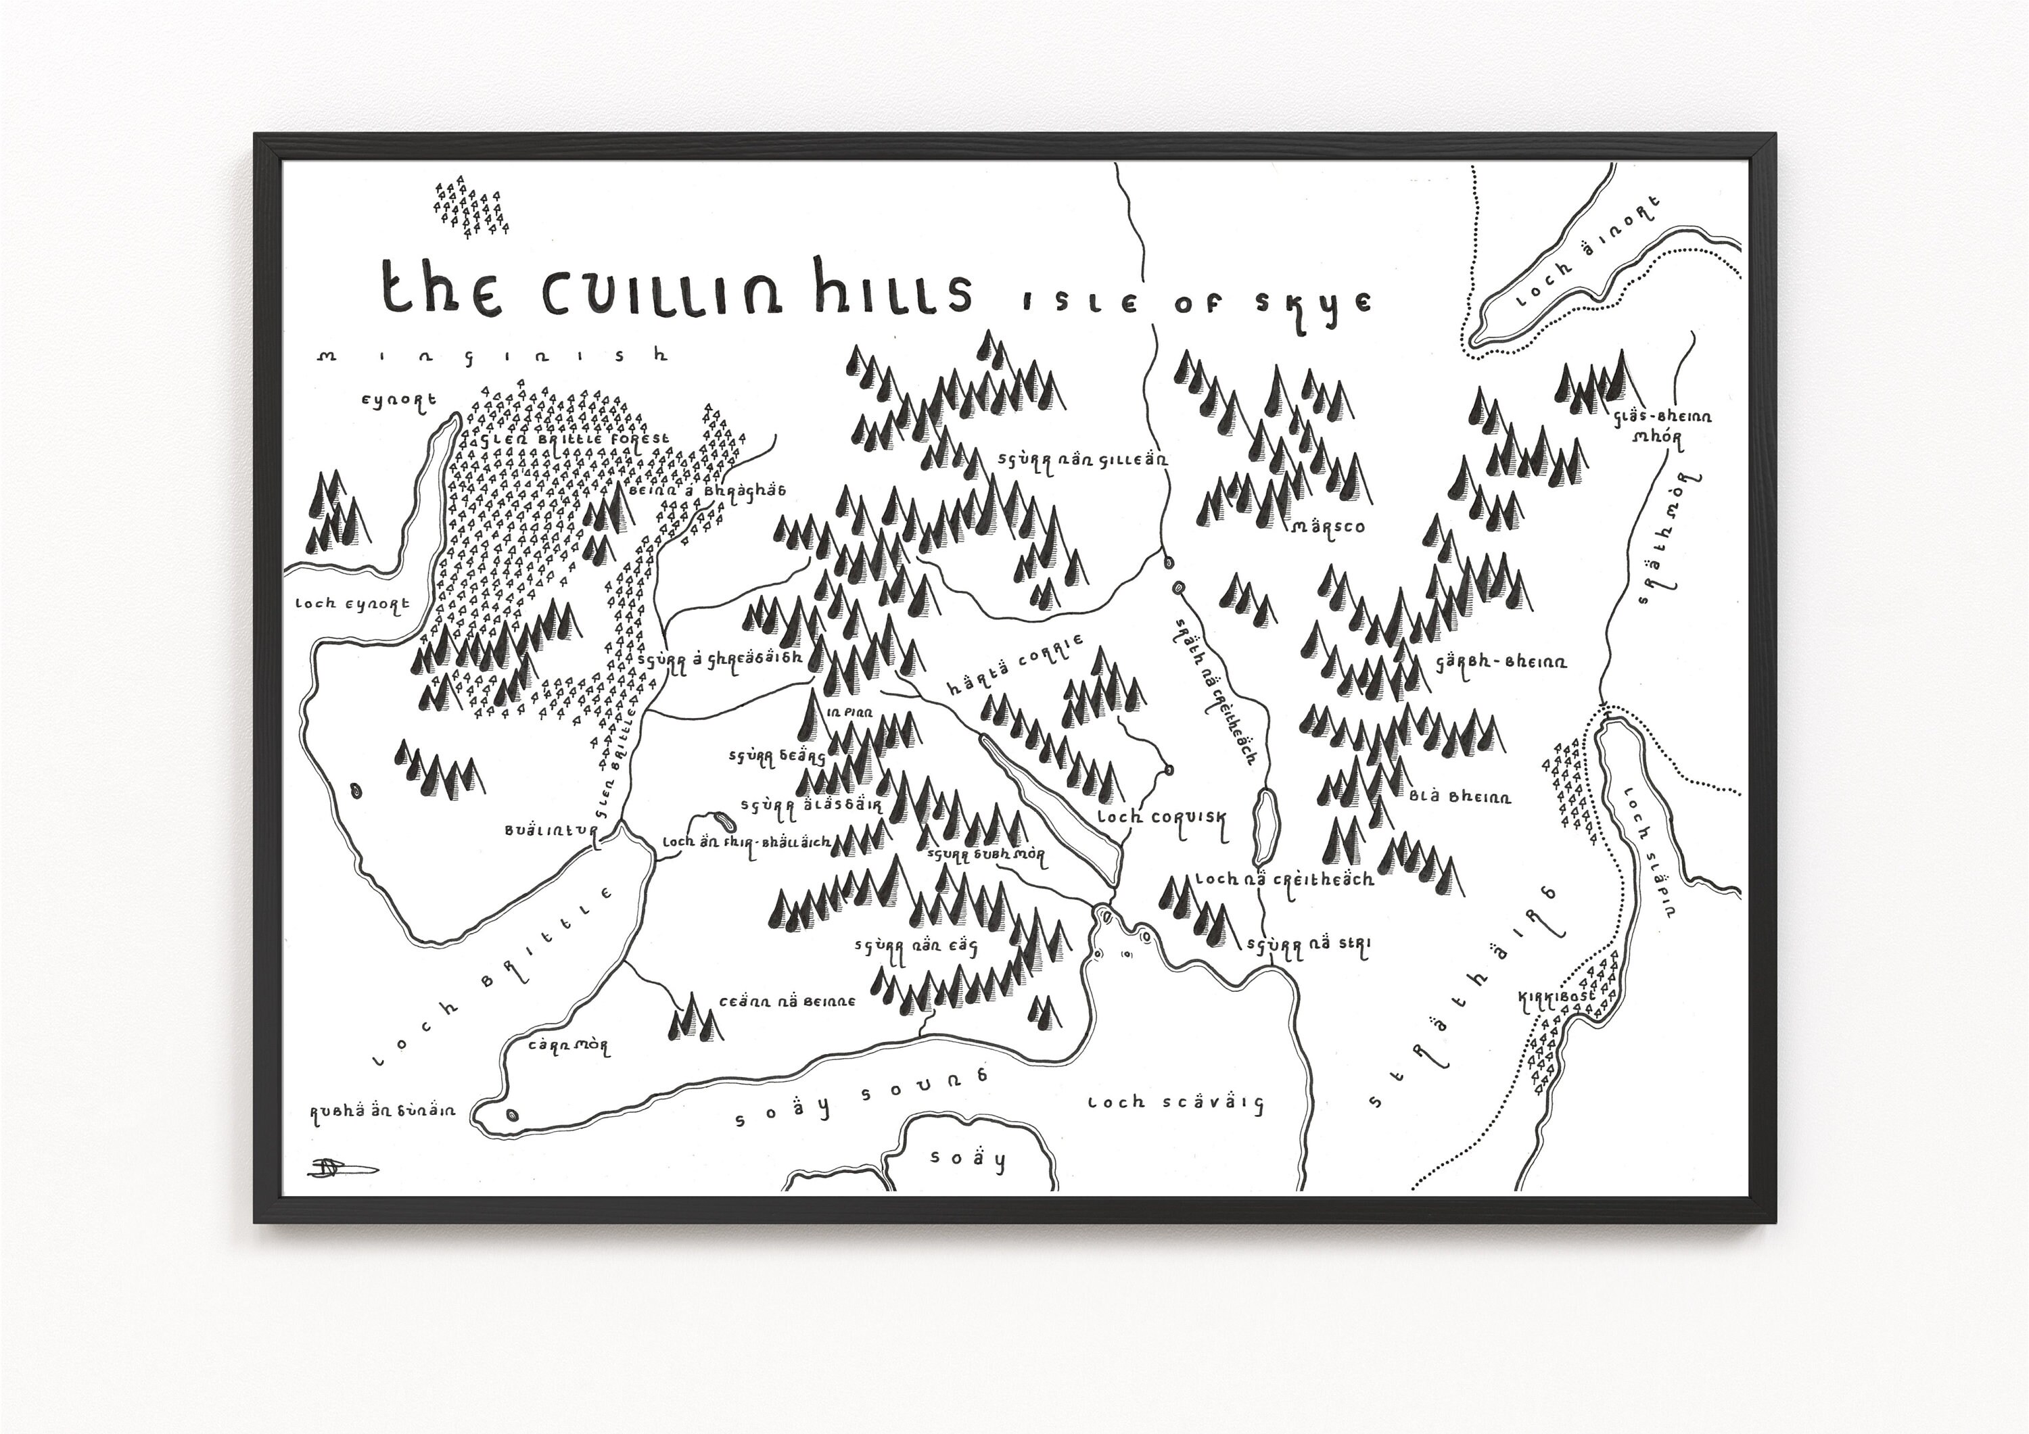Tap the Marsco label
pos(1328,527)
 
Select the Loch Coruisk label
pos(1161,817)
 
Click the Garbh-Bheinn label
pos(1501,661)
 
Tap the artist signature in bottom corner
pos(340,1168)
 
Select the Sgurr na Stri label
pos(1308,945)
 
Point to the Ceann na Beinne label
pos(787,1002)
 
